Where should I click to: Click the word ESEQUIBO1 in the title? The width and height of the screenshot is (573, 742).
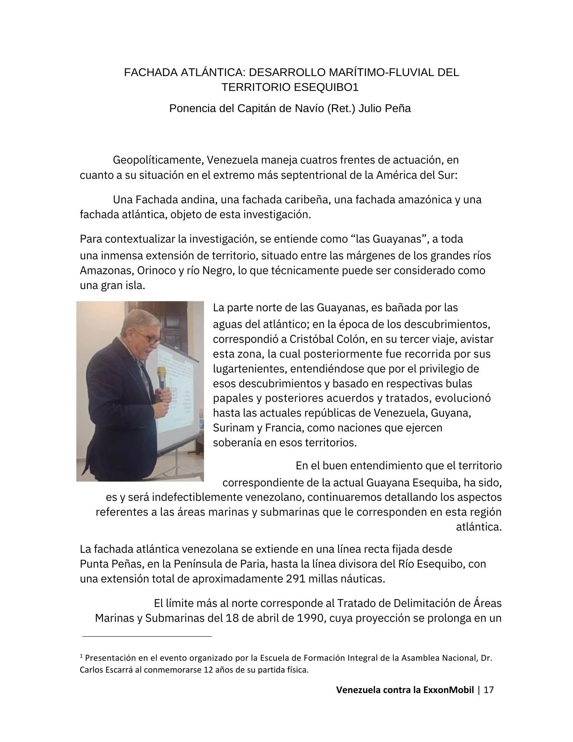pos(327,87)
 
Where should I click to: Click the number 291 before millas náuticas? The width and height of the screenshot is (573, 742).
pos(296,579)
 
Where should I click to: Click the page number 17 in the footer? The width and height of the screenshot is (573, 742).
pos(489,690)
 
